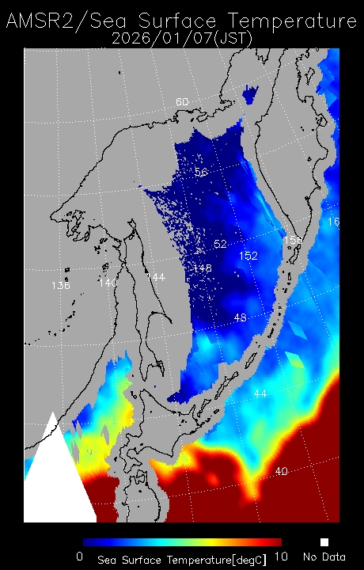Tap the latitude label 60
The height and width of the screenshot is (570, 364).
[x=182, y=102]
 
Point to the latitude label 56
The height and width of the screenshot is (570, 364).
[x=201, y=172]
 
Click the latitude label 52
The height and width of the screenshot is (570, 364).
[x=220, y=243]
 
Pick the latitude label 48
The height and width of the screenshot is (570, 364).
[x=241, y=317]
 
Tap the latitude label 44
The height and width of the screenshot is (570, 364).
[x=260, y=393]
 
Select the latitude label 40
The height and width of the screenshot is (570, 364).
[x=281, y=471]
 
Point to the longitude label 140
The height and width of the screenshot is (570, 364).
[x=108, y=282]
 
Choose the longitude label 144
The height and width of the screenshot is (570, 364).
[x=155, y=277]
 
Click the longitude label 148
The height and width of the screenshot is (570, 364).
[x=203, y=268]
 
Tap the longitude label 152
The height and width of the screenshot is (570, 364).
[x=248, y=256]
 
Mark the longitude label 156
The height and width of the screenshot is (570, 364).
[x=293, y=239]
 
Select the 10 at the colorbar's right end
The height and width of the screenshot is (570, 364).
[x=280, y=557]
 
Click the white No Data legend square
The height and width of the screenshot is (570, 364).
[x=324, y=542]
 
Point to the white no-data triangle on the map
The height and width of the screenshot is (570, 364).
[x=55, y=483]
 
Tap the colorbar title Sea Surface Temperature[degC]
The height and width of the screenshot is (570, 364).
[x=182, y=559]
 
